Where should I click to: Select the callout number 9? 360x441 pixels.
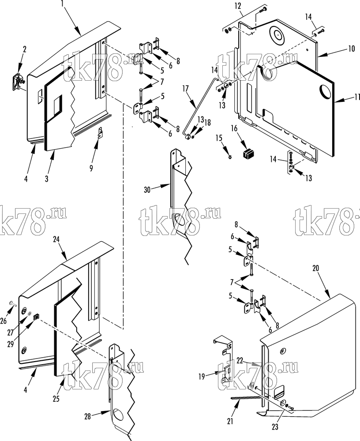pos(91,168)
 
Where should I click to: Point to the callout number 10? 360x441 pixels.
pos(351,49)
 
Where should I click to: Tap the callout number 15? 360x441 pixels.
pos(219,138)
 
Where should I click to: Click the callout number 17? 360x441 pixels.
pos(185,89)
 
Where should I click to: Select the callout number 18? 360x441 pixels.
pos(208,123)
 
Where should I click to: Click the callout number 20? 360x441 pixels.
pos(316,268)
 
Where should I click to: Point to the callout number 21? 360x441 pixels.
pos(230,421)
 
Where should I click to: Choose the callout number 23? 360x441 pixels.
pos(275,426)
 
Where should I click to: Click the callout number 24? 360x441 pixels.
pos(56,239)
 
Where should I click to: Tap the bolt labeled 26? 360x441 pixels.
pos(12,303)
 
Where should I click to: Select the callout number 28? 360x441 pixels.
pos(88,416)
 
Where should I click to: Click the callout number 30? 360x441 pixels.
pos(147,190)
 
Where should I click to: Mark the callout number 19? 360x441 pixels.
pos(202,376)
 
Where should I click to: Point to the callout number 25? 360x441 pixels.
pos(56,399)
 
